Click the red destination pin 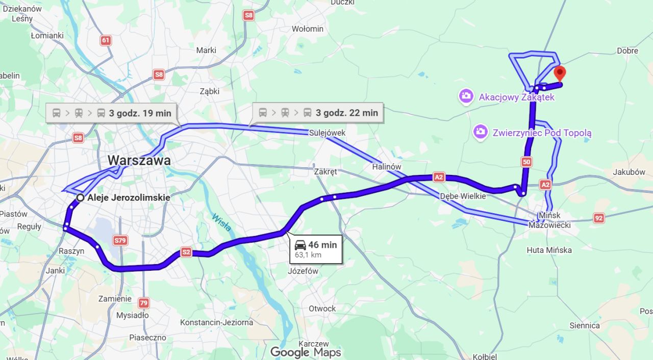click(x=560, y=73)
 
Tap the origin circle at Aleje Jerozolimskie click(x=80, y=198)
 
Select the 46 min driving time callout click(x=316, y=249)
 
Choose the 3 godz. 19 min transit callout click(x=112, y=113)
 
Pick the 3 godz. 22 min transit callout click(x=318, y=113)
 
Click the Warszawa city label click(x=139, y=161)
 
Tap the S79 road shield click(x=120, y=240)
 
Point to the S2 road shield click(x=186, y=252)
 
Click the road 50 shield click(x=526, y=162)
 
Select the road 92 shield click(x=599, y=218)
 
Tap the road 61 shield click(x=106, y=41)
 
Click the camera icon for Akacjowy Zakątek click(x=466, y=96)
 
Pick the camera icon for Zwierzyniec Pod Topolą click(x=480, y=133)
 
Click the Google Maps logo click(x=305, y=352)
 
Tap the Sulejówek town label click(x=327, y=133)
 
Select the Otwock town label click(x=322, y=308)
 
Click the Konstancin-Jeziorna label click(x=216, y=322)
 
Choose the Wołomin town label click(x=308, y=29)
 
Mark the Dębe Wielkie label click(x=463, y=196)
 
